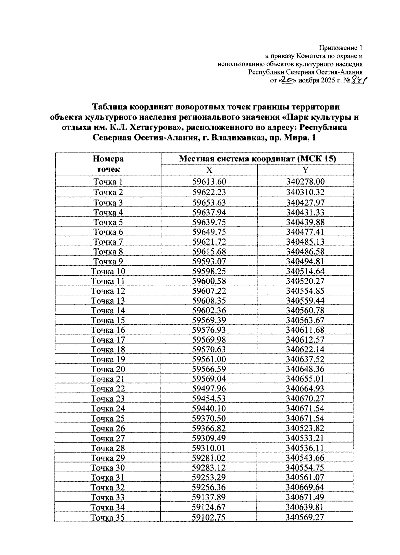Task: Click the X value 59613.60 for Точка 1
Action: [209, 182]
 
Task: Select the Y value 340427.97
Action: [305, 203]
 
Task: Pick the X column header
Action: [209, 170]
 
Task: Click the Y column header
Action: [305, 170]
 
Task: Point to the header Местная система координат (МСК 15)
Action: [257, 159]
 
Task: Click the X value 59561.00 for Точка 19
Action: [209, 359]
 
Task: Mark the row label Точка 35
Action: [107, 518]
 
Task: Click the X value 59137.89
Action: [209, 497]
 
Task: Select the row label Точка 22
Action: [108, 388]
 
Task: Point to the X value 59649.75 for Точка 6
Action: [209, 232]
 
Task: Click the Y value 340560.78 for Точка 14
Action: [305, 310]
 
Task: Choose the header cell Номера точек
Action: [108, 164]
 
